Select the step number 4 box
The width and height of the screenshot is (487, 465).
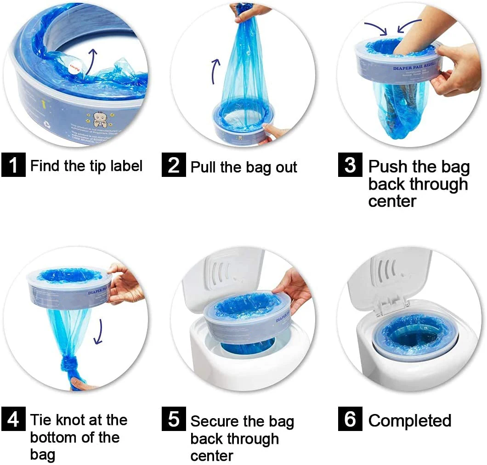[13, 420]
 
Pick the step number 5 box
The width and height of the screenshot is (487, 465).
[173, 420]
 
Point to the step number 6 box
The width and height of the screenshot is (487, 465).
[350, 420]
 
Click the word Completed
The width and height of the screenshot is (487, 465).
[410, 420]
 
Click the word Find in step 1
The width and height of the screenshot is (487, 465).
[45, 165]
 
